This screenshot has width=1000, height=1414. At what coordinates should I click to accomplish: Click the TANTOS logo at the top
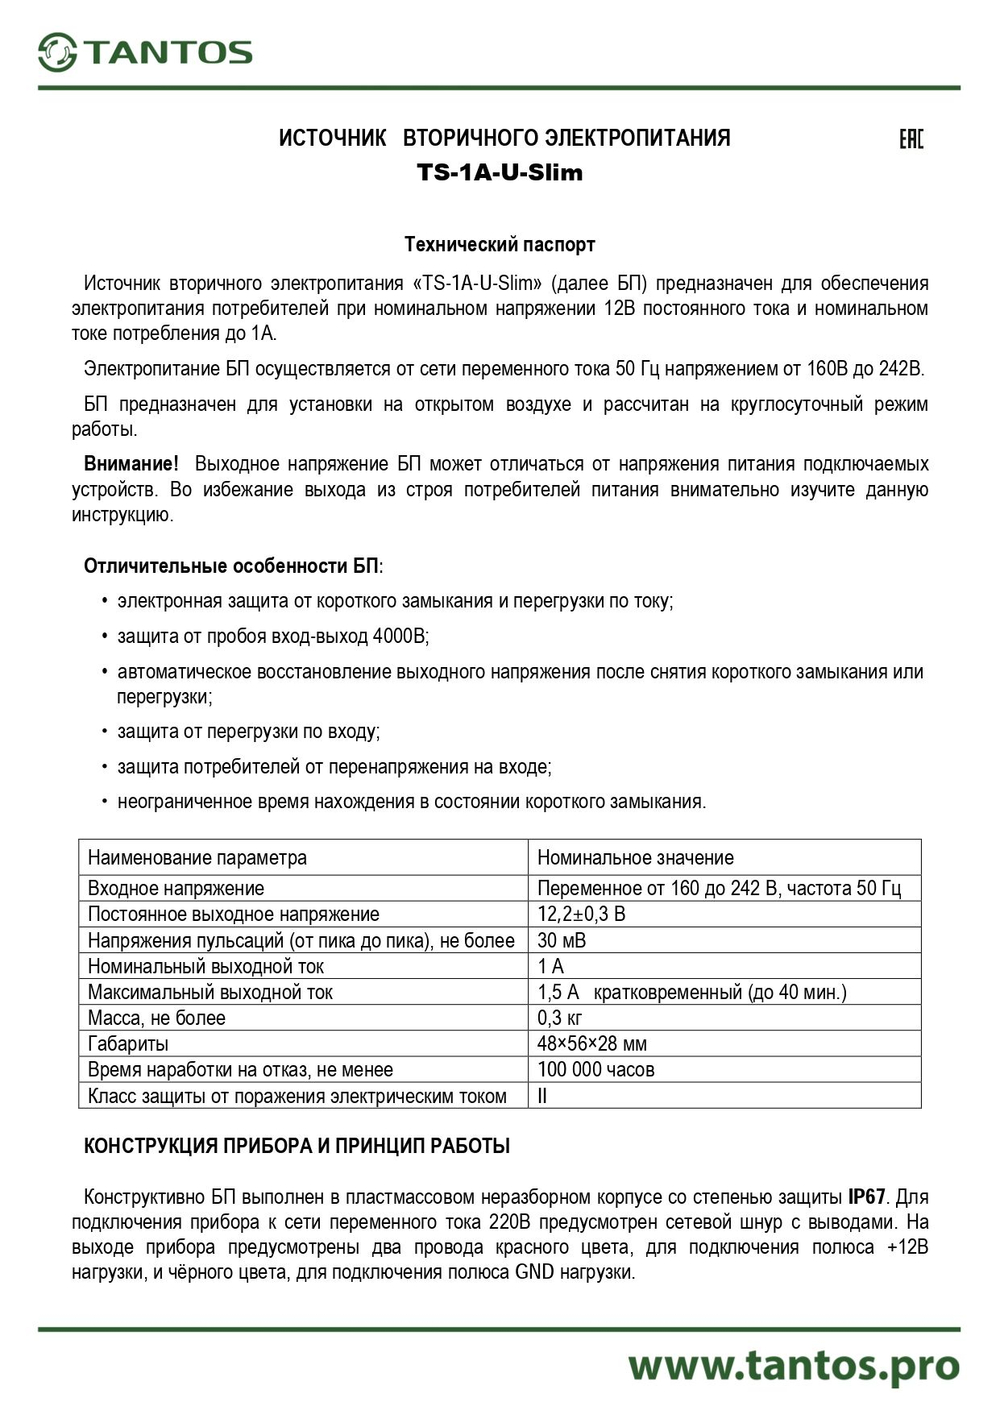145,52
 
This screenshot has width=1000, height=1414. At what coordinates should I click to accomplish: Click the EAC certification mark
911,139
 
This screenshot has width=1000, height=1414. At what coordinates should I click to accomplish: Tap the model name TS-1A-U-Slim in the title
499,172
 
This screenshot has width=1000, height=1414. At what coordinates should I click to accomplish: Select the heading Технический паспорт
499,244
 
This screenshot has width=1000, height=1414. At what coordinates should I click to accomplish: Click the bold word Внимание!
131,464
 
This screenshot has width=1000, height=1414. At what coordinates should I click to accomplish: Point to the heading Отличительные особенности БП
233,566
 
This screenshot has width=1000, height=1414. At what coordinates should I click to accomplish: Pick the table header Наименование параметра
197,857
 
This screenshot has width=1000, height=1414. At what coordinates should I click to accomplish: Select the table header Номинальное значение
635,857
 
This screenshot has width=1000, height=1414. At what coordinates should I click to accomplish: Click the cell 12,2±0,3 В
581,914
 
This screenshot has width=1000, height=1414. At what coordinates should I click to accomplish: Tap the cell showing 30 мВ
562,940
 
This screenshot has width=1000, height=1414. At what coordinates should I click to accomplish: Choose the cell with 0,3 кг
559,1018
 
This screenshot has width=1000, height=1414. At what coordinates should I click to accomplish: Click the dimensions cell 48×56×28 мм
592,1044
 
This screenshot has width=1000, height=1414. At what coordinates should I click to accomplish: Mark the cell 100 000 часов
596,1070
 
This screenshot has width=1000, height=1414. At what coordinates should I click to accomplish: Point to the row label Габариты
128,1044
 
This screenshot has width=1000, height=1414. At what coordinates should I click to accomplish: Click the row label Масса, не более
156,1018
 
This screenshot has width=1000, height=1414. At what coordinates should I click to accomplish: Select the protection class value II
543,1096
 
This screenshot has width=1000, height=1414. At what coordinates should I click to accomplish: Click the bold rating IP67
867,1197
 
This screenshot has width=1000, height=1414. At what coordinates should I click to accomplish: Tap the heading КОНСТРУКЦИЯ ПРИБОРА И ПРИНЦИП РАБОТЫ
296,1146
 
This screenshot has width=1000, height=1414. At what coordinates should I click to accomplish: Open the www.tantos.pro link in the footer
793,1365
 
